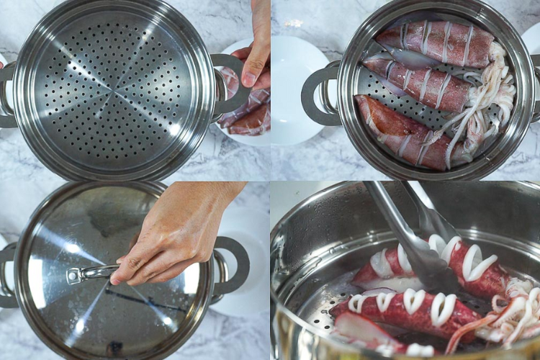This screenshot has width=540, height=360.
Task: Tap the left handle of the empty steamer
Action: (6, 94)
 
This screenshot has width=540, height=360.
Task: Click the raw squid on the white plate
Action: (248, 115)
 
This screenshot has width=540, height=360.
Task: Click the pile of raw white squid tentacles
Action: (490, 101)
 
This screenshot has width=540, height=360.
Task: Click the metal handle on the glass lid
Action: (90, 274)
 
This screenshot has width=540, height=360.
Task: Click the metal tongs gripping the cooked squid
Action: (418, 238)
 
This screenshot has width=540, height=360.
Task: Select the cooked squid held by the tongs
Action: (439, 266)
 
